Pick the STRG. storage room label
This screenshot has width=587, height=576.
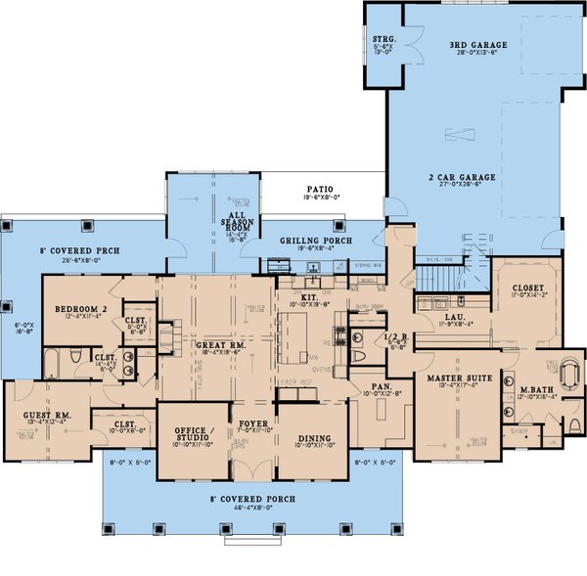pos(384,40)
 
